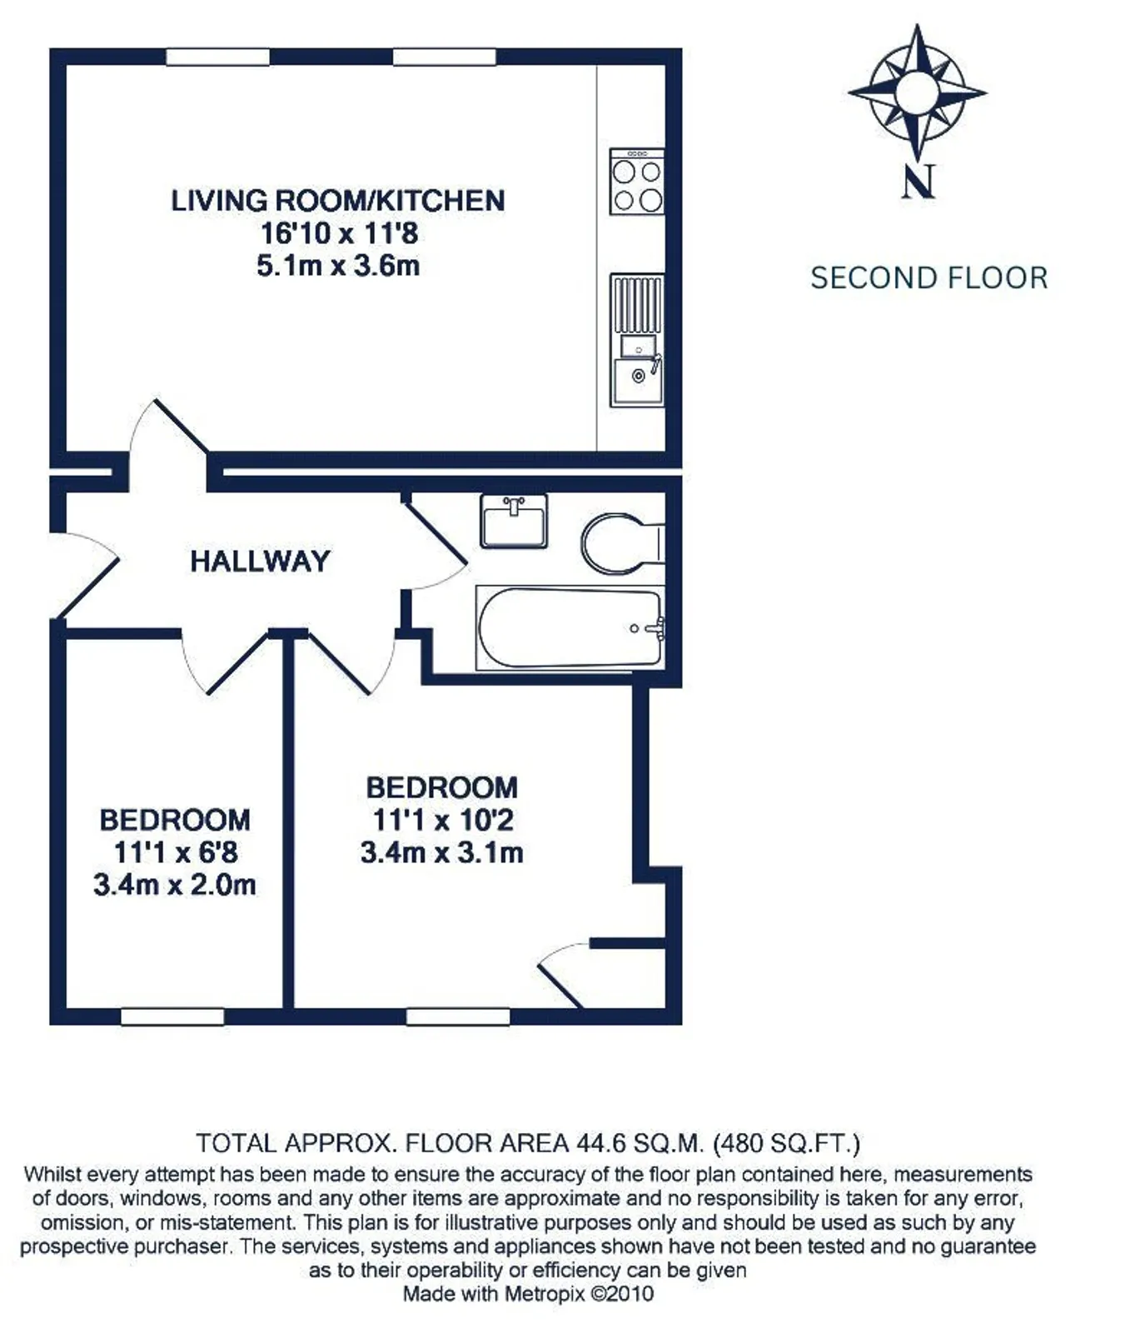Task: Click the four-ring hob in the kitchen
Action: (637, 182)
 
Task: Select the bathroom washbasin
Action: (514, 521)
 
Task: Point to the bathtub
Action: (570, 627)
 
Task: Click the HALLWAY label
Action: (260, 562)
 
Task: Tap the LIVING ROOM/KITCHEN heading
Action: (338, 201)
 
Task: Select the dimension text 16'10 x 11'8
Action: (339, 233)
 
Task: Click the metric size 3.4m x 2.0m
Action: (175, 885)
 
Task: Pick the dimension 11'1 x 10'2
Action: (442, 820)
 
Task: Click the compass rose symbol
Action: (918, 92)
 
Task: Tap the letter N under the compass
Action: (918, 181)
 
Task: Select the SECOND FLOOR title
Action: (928, 278)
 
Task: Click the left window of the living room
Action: (217, 57)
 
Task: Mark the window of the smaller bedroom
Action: (172, 1016)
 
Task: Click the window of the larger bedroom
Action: (458, 1016)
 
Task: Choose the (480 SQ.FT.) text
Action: (787, 1143)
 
